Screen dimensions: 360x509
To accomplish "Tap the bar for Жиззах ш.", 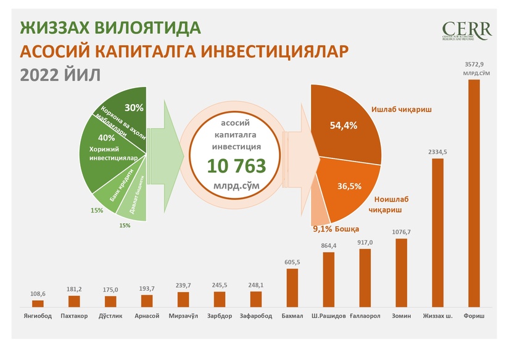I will [437, 232].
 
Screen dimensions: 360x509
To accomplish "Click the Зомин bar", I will [401, 272].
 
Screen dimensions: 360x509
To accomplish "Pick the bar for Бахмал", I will [292, 287].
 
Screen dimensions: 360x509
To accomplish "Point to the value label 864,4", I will [329, 246].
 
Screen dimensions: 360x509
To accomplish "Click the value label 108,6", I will [38, 293].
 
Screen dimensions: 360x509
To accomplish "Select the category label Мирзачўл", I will [183, 316].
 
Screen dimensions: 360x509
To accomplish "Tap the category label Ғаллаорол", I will [365, 316].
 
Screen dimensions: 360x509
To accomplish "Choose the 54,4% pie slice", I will [346, 123].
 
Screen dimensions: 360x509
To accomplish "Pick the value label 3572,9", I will [474, 63].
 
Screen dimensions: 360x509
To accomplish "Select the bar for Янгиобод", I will [38, 303].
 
